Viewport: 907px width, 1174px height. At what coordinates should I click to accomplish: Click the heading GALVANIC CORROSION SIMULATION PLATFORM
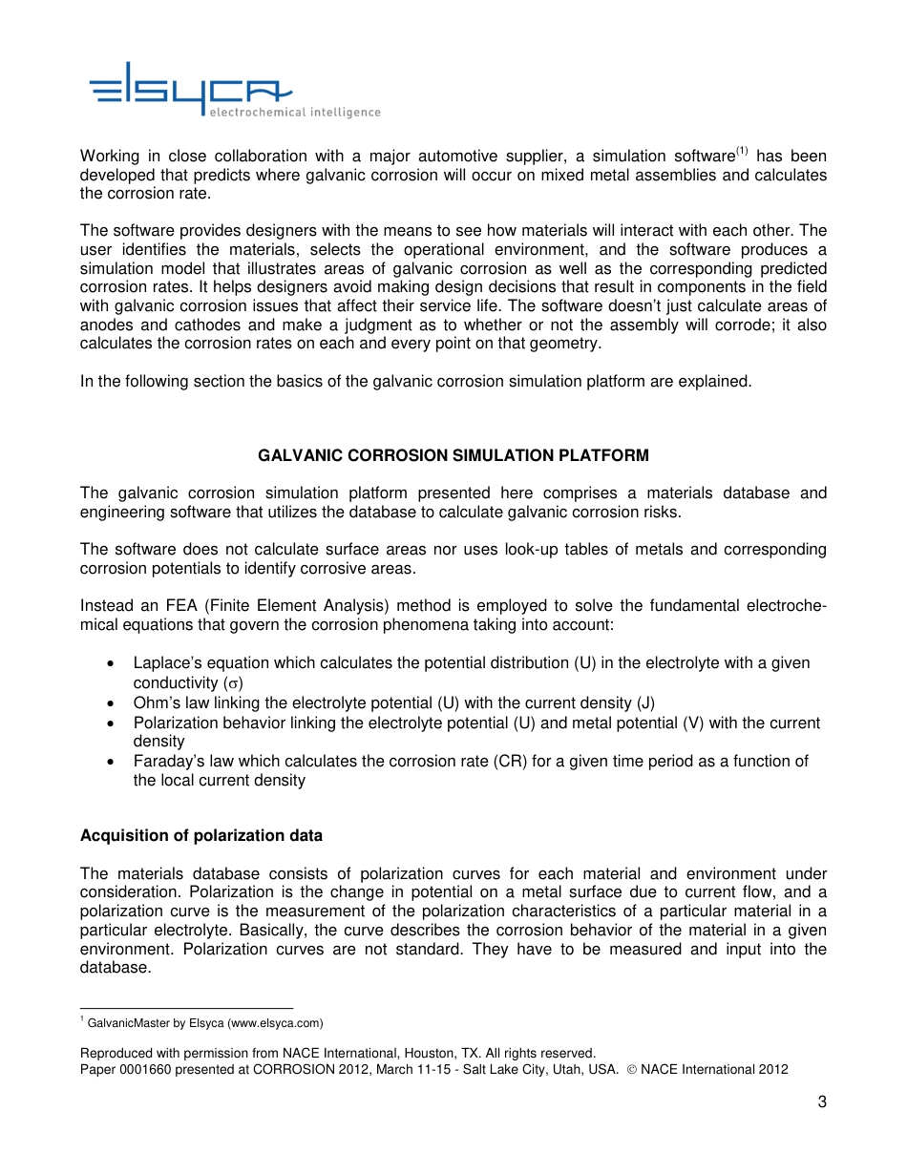(453, 456)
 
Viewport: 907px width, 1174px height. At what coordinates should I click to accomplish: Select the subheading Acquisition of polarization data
(201, 835)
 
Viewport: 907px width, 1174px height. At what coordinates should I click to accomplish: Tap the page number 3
(821, 1102)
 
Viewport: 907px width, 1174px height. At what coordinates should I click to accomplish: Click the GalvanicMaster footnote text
(204, 1023)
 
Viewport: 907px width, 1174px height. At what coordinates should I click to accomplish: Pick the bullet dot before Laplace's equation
(114, 663)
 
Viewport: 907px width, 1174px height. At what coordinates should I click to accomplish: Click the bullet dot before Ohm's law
(114, 703)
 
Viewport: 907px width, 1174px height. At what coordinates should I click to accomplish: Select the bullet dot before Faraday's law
(114, 762)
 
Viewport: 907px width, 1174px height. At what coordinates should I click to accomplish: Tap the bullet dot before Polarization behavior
(114, 723)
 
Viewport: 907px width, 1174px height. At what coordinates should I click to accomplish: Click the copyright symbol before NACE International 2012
(631, 1070)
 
